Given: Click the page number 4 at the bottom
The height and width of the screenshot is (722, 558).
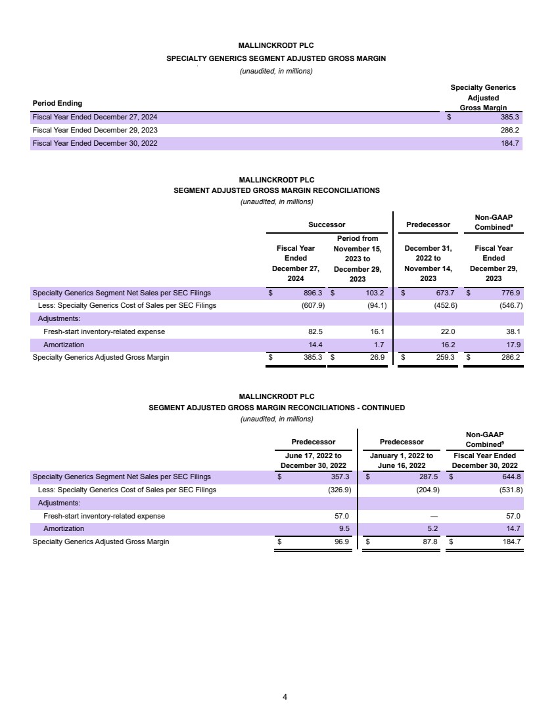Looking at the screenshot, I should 285,696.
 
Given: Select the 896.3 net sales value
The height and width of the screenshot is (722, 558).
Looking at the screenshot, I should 313,293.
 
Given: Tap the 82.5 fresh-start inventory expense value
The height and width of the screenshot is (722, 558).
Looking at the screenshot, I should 315,331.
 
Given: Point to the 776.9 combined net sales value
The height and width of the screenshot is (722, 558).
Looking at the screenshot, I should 510,293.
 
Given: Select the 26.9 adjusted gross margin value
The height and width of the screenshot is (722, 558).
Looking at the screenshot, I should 377,358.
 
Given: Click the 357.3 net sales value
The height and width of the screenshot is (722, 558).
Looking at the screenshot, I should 338,477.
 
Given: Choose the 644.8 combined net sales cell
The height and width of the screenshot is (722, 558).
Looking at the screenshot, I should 510,477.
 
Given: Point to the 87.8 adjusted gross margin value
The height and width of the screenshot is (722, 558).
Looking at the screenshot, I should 429,541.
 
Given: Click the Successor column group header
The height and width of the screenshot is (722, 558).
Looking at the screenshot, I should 327,225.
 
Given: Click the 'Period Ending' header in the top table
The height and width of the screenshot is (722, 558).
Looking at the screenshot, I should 58,103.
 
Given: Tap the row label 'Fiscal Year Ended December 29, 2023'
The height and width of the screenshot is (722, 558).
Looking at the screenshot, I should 95,130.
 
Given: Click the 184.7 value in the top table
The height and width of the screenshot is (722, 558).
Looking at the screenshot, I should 510,143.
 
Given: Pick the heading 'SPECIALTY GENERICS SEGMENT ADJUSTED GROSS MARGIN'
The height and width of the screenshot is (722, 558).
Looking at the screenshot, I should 276,58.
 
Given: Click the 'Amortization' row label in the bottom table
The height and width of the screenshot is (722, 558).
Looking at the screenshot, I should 64,528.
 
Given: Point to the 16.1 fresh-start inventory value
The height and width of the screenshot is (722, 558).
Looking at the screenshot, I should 377,331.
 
